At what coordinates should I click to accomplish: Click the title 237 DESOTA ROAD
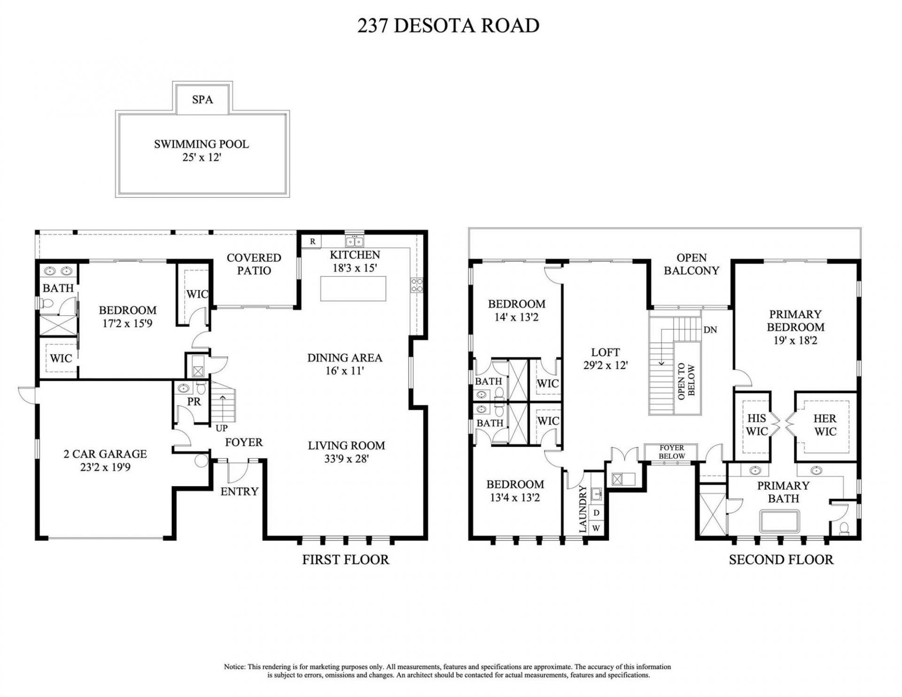[448, 26]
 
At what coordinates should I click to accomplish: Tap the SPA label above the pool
[202, 100]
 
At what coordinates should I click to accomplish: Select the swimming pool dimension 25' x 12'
[202, 157]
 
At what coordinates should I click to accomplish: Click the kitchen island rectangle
[353, 289]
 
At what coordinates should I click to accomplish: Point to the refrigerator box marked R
[312, 242]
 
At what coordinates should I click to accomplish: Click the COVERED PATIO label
[254, 264]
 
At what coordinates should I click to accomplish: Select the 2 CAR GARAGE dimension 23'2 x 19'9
[105, 468]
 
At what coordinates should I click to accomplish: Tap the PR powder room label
[194, 402]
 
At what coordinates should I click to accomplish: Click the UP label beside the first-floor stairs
[222, 429]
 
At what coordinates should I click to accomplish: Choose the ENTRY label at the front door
[239, 492]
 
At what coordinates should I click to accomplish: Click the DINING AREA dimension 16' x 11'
[344, 371]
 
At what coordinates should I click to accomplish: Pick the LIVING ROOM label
[346, 446]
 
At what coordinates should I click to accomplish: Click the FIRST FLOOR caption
[345, 560]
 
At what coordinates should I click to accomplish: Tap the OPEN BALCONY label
[692, 264]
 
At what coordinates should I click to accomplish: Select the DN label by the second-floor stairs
[710, 330]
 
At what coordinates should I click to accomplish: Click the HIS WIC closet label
[756, 424]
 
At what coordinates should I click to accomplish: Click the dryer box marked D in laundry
[596, 513]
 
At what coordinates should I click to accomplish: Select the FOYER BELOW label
[671, 452]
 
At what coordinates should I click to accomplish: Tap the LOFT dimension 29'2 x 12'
[605, 365]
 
